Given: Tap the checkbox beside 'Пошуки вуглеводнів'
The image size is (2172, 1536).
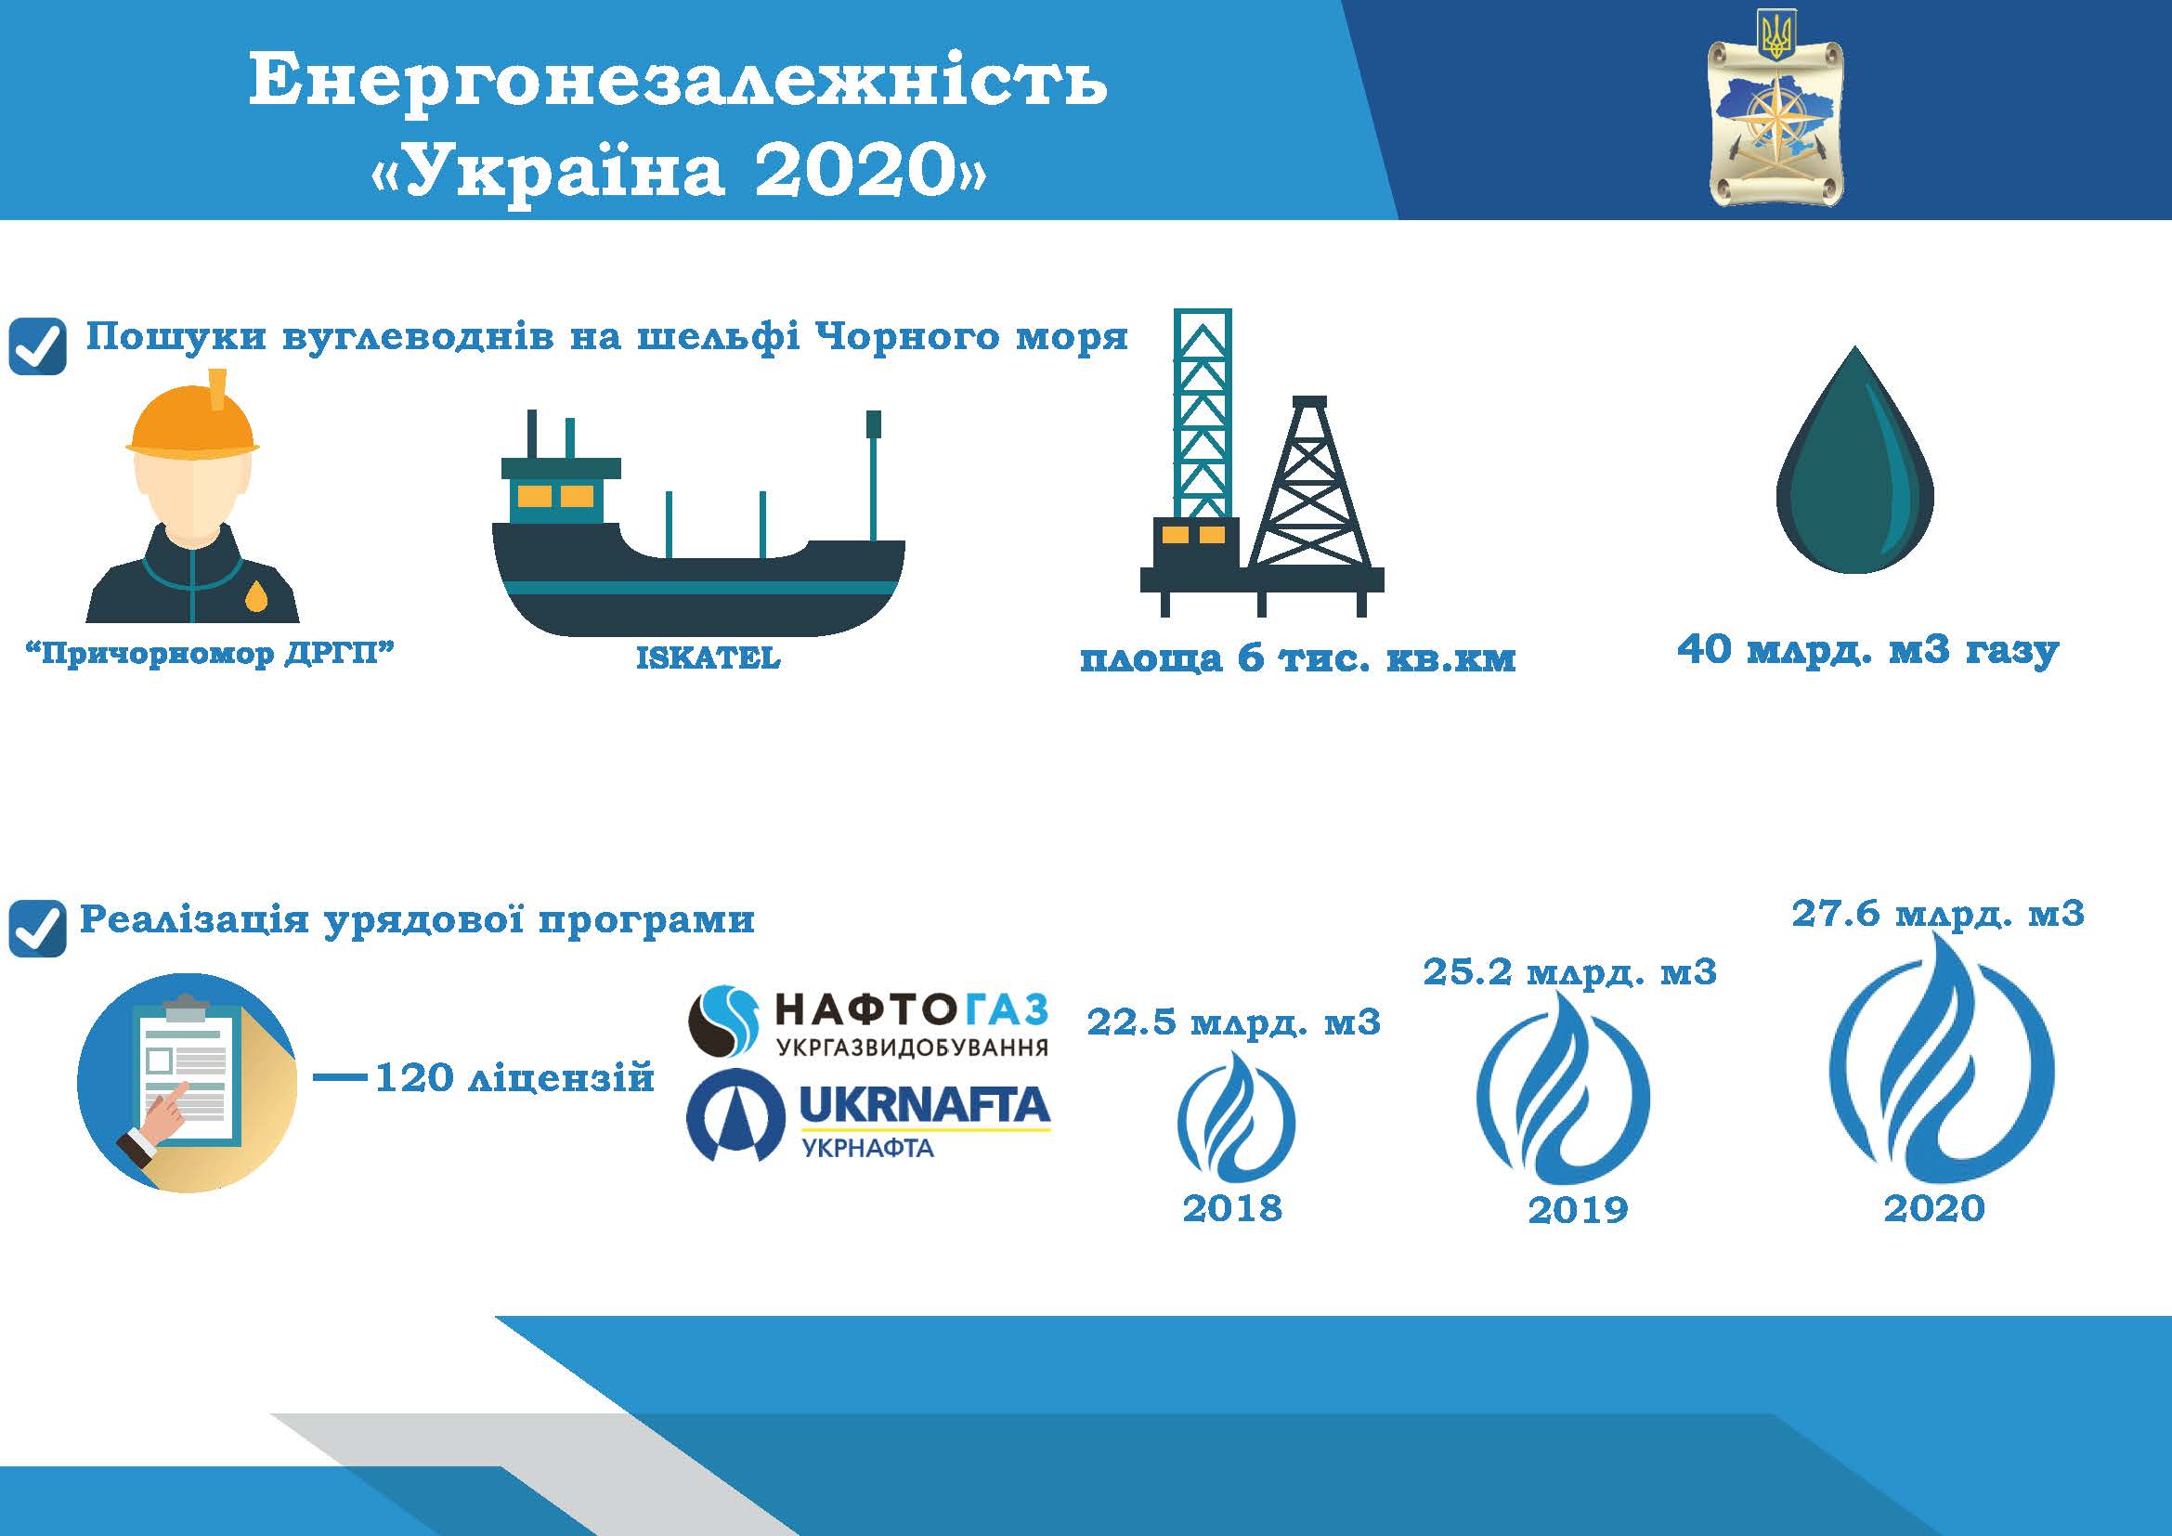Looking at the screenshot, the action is click(x=38, y=345).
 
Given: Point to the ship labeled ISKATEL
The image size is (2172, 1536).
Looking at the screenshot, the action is click(x=698, y=522).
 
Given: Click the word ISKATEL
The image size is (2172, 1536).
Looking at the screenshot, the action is click(x=708, y=657).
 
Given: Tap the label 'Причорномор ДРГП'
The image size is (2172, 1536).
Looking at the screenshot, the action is click(x=209, y=654).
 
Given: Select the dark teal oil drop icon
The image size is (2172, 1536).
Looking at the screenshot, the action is click(x=1855, y=460).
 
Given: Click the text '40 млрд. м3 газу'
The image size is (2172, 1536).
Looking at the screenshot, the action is click(x=1868, y=651).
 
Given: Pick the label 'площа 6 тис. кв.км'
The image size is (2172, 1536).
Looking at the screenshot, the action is click(x=1298, y=658).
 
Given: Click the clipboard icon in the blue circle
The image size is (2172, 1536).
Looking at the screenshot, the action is click(x=188, y=1083).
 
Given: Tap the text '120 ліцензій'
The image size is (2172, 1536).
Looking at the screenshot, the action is click(x=514, y=1077).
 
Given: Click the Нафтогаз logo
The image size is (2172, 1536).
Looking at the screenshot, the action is click(x=868, y=1022).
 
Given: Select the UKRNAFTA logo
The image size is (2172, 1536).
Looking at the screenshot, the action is click(x=868, y=1120).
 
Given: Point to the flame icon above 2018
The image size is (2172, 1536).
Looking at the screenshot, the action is click(x=1236, y=1116).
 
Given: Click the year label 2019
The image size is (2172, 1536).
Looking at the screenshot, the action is click(x=1578, y=1210).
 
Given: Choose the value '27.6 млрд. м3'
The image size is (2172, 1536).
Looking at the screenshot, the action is click(x=1938, y=915).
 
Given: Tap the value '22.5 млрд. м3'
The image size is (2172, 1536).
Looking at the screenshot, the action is click(x=1233, y=1022).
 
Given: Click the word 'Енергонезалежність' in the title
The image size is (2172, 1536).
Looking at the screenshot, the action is click(x=677, y=82).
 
